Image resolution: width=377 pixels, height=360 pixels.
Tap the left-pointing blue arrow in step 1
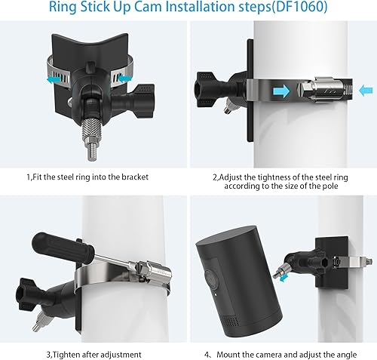coord(54,80)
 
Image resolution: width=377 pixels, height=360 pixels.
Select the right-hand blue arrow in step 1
coord(124,78)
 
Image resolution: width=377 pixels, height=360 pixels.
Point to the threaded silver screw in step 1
coord(89,139)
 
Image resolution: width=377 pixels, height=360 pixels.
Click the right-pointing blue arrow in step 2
coord(280,91)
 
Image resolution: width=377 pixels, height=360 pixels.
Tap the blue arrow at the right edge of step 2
coord(366,91)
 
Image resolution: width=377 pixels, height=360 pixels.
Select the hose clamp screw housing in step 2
coord(324,91)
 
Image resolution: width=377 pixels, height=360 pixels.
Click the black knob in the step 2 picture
coord(204,89)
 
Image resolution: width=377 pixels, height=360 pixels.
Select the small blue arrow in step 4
coord(284,278)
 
